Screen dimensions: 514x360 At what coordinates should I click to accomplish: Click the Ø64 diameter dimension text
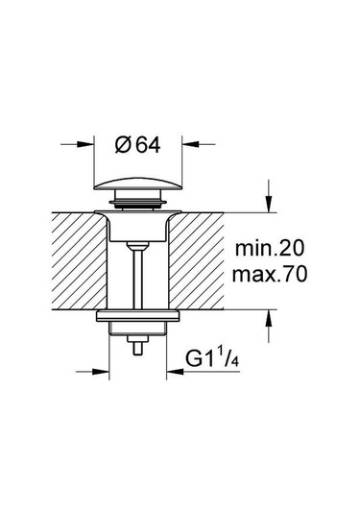coord(138,145)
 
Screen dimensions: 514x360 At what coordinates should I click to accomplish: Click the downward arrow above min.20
coord(266,205)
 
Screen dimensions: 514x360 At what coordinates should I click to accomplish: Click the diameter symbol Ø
coord(123,145)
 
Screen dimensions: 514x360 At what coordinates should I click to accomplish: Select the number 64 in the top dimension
coord(146,145)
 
